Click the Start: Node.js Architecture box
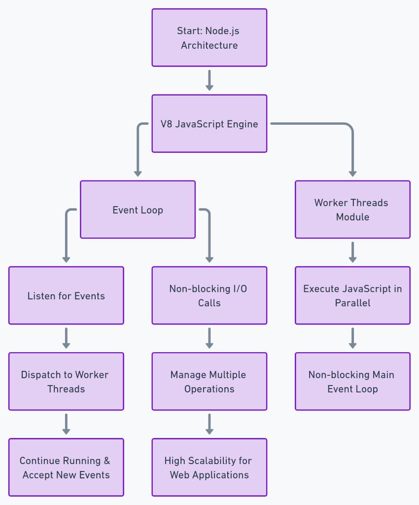[209, 37]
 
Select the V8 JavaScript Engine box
[209, 123]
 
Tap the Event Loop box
[138, 210]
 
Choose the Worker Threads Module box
[352, 210]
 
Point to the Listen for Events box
[66, 295]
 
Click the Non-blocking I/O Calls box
[209, 295]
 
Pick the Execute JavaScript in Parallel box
[352, 295]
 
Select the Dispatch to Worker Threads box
[66, 381]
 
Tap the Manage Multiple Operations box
[209, 381]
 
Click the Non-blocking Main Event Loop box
[352, 381]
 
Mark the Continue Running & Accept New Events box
[66, 467]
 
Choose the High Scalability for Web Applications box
[209, 467]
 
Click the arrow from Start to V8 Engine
[209, 80]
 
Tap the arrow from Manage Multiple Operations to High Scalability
[209, 424]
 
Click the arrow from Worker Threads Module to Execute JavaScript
[352, 252]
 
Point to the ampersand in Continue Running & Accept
[107, 461]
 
